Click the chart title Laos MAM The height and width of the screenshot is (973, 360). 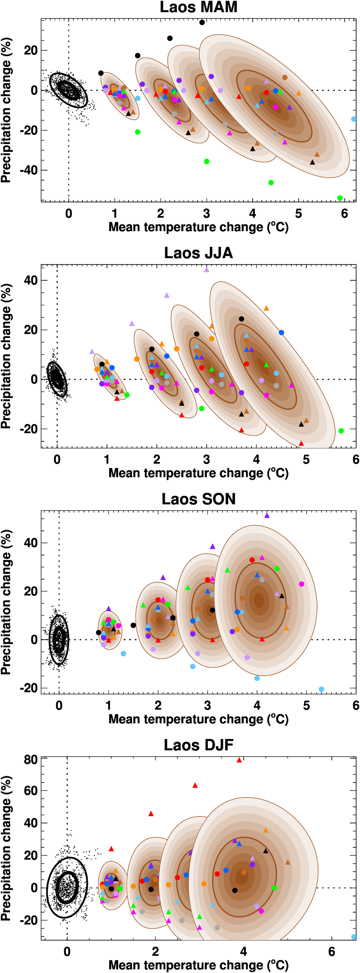coord(198,7)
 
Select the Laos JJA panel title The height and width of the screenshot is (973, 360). coord(198,253)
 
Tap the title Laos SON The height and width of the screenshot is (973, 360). coord(198,499)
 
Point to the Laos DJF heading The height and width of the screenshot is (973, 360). coord(198,745)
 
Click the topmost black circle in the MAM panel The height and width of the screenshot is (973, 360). coord(202,22)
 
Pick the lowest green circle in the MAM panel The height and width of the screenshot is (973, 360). coord(340,198)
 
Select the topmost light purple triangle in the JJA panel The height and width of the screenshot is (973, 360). coord(207,270)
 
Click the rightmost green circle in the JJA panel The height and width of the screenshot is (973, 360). coord(341,431)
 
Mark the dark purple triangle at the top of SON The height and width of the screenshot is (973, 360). coord(267,515)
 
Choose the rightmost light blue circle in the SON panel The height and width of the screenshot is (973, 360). coord(321,689)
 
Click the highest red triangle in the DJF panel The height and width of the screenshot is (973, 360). coord(239,760)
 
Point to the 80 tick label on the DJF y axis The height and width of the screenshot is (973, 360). coord(31,759)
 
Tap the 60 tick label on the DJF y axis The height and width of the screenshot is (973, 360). coord(31,790)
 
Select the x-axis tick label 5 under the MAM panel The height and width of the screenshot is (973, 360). coord(298,214)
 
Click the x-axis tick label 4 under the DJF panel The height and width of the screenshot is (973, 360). coord(244,951)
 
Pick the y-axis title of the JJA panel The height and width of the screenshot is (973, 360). coord(6,356)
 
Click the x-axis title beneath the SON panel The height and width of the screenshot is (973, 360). coord(198,719)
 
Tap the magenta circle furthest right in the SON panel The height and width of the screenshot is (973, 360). coord(301,584)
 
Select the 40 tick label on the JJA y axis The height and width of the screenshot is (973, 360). coord(31,280)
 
